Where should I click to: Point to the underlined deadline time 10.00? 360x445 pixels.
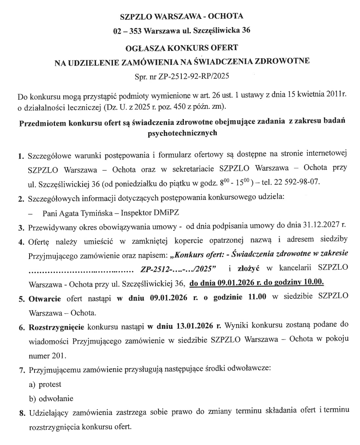[x=313, y=282]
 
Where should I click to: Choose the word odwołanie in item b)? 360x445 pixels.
[x=55, y=398]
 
